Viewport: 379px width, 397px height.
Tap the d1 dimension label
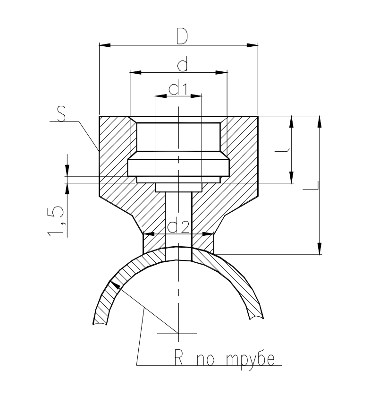tap(178, 89)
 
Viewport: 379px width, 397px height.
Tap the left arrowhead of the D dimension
tap(104, 45)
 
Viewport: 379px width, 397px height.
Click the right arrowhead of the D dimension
tap(253, 45)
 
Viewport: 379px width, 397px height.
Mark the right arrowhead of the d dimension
tap(222, 72)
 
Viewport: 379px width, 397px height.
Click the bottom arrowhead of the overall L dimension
tap(320, 249)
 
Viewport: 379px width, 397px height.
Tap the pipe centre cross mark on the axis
tap(178, 333)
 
